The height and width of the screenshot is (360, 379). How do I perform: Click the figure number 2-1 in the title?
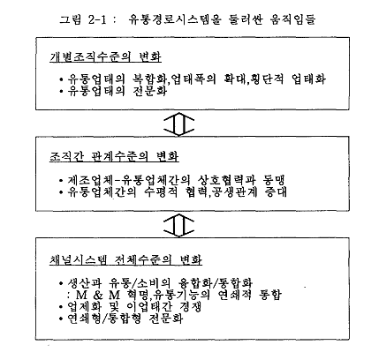pyautogui.click(x=97, y=19)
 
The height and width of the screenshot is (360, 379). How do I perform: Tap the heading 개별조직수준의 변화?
pyautogui.click(x=105, y=56)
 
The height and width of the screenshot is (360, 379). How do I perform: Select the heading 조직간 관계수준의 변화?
pyautogui.click(x=114, y=156)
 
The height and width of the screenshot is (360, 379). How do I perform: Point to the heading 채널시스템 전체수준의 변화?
pyautogui.click(x=125, y=259)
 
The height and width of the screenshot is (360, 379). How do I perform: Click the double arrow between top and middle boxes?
pyautogui.click(x=178, y=124)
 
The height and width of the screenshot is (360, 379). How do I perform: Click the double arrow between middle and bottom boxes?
pyautogui.click(x=178, y=226)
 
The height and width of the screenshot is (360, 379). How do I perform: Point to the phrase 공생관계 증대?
pyautogui.click(x=249, y=192)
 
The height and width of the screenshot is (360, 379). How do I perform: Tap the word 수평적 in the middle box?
pyautogui.click(x=161, y=192)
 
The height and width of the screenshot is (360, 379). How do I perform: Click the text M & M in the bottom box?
pyautogui.click(x=98, y=295)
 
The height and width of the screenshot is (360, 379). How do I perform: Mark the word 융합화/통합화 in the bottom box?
pyautogui.click(x=216, y=283)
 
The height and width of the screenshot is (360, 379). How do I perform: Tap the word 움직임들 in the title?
pyautogui.click(x=292, y=19)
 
